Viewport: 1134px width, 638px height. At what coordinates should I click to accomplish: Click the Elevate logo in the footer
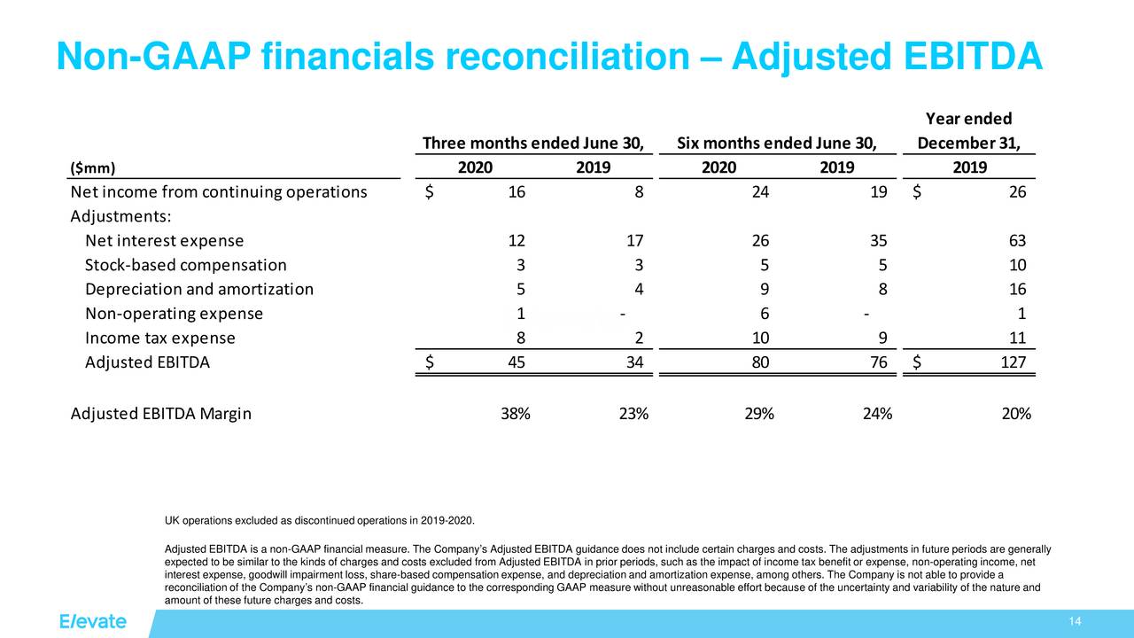pos(93,621)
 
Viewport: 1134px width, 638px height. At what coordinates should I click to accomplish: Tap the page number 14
pos(1076,621)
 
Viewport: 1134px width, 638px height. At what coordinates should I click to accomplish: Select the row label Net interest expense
pos(164,240)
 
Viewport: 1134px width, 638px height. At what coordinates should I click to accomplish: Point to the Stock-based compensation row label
pos(185,265)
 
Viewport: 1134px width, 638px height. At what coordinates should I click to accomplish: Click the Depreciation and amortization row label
pos(198,289)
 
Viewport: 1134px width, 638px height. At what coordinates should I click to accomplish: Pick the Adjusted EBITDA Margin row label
pos(160,414)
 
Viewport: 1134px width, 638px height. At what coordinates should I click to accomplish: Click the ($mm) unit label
pos(92,168)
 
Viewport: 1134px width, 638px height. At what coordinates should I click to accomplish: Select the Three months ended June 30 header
pos(532,144)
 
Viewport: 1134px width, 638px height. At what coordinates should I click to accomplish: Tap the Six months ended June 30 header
pos(776,144)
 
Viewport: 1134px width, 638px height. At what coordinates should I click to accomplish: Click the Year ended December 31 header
pos(968,131)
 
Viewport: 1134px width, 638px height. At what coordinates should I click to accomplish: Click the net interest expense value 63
pos(1016,240)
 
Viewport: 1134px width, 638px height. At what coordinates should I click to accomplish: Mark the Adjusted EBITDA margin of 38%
pos(515,414)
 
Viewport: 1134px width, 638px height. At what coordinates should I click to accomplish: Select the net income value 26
pos(1016,192)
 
